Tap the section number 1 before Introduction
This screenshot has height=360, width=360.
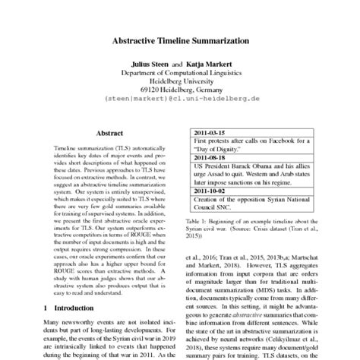pos(47,308)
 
